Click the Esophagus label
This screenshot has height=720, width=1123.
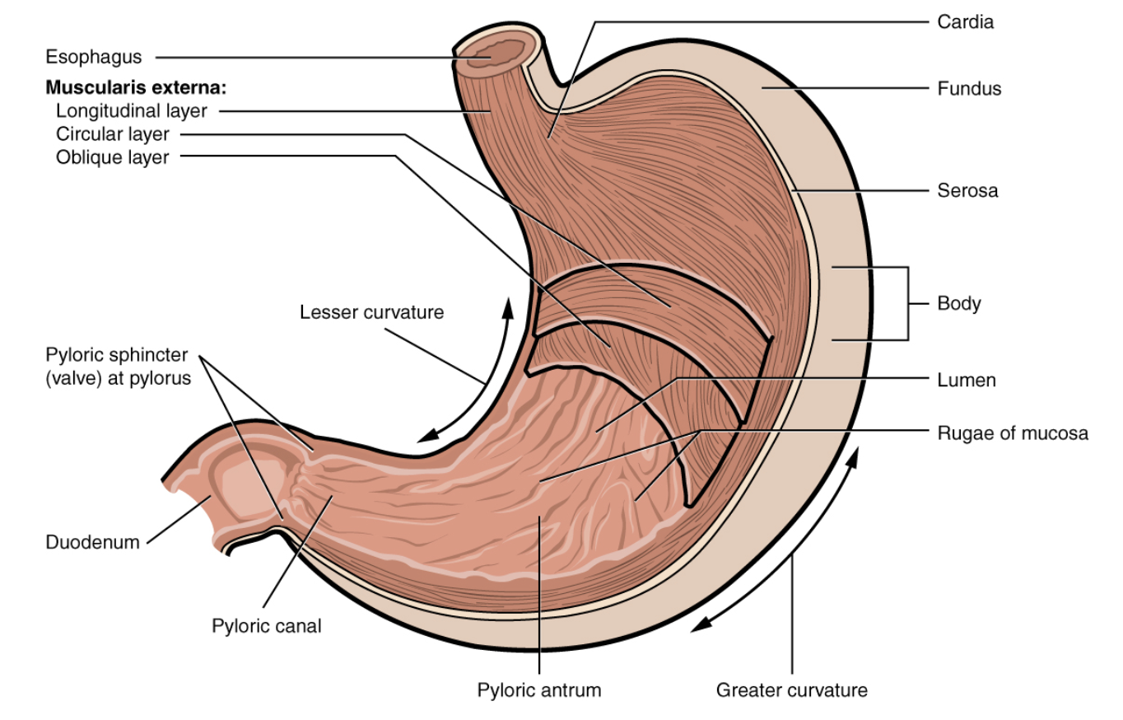[x=94, y=58]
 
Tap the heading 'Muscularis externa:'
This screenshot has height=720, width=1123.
[x=136, y=86]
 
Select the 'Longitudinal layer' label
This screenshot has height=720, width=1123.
[x=132, y=110]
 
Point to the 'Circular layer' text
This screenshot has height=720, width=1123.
[x=112, y=133]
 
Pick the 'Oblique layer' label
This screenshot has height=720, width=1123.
[x=112, y=157]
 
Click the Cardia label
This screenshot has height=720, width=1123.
[x=965, y=22]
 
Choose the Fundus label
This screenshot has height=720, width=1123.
[x=969, y=88]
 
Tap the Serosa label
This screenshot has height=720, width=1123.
[x=967, y=191]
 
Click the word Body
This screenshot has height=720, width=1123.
[x=959, y=303]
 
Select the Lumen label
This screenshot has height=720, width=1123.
[x=967, y=380]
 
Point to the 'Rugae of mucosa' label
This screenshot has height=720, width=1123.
[x=1013, y=432]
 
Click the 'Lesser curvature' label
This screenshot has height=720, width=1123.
[x=371, y=312]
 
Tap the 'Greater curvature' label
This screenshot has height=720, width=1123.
[x=791, y=690]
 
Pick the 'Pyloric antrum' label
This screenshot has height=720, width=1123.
[x=539, y=690]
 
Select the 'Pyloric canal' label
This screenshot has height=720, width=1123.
[x=267, y=626]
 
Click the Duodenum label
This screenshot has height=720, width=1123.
[x=93, y=542]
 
